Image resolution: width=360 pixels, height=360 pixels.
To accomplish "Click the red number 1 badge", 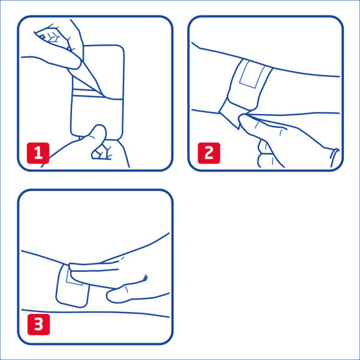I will point(38,153).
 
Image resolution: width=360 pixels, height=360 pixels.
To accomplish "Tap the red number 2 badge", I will point(208,153).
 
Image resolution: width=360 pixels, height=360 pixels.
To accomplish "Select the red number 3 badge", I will point(38,324).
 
